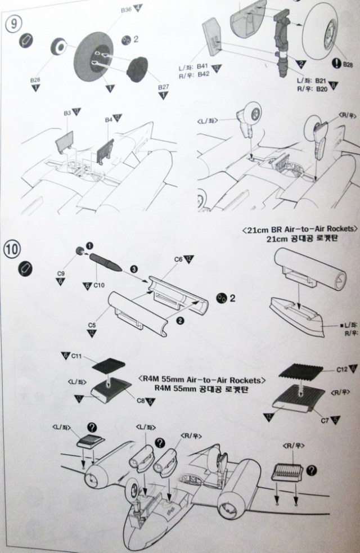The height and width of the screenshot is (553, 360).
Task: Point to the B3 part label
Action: pyautogui.click(x=67, y=114)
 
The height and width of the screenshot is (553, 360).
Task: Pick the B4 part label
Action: pyautogui.click(x=109, y=120)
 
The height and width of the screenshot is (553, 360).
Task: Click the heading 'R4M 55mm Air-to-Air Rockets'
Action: pyautogui.click(x=201, y=381)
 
